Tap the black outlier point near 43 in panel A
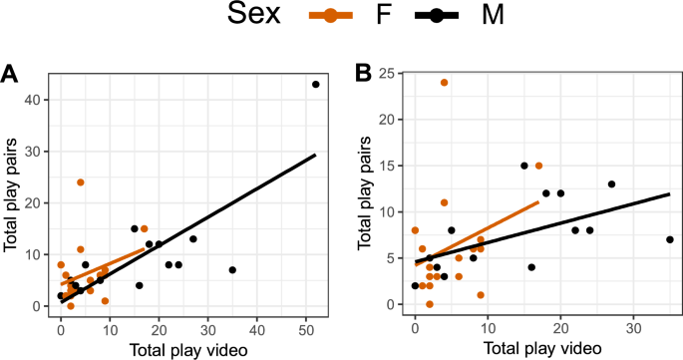(316, 84)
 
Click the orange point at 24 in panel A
(81, 182)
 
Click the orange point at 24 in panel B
(444, 83)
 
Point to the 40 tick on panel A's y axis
(41, 100)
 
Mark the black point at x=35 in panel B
(670, 239)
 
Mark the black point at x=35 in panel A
(232, 270)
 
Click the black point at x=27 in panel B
(611, 183)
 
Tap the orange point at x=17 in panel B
(538, 166)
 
